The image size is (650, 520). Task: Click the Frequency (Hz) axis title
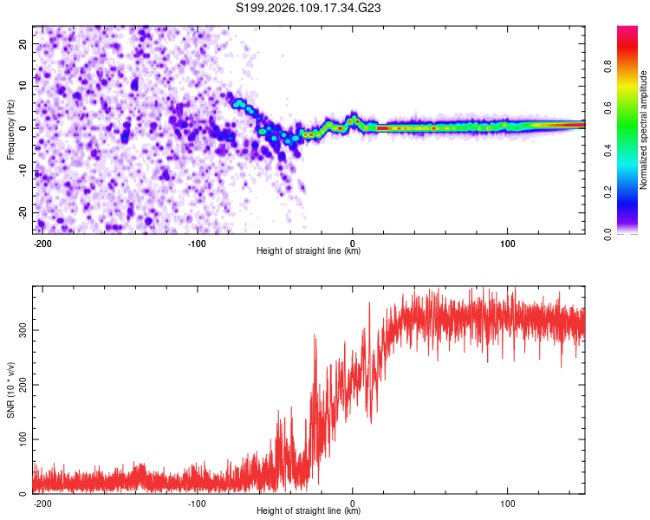pyautogui.click(x=10, y=129)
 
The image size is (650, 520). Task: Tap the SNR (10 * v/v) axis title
pyautogui.click(x=10, y=390)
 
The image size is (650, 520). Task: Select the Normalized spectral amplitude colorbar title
pyautogui.click(x=643, y=130)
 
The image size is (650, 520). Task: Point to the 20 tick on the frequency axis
pyautogui.click(x=23, y=42)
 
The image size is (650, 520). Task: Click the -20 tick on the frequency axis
pyautogui.click(x=21, y=212)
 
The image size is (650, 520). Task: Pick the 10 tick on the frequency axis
pyautogui.click(x=23, y=85)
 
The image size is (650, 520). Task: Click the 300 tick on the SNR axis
pyautogui.click(x=19, y=330)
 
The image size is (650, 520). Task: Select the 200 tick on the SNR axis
pyautogui.click(x=19, y=385)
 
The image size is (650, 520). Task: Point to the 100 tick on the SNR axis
pyautogui.click(x=19, y=439)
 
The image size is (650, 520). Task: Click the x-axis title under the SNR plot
pyautogui.click(x=309, y=511)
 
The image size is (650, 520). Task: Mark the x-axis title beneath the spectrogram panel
pyautogui.click(x=309, y=251)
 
